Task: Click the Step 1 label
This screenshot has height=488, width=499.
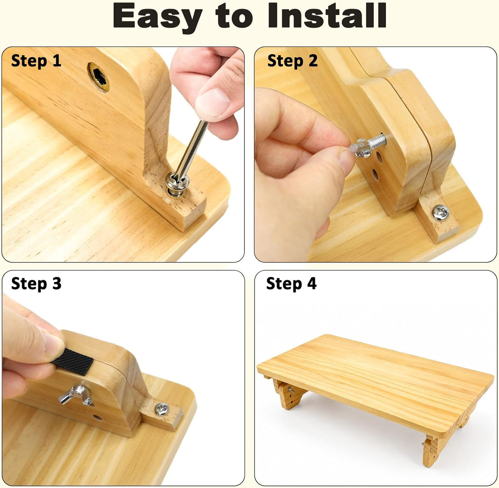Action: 36,61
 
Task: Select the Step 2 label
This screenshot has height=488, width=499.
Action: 292,61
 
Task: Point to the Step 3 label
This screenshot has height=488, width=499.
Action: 36,284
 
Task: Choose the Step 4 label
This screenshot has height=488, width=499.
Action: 291,283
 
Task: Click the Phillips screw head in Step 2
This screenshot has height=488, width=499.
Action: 440,213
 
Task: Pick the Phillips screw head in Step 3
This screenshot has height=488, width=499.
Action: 162,409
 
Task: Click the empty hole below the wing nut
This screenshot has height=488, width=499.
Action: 98,417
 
